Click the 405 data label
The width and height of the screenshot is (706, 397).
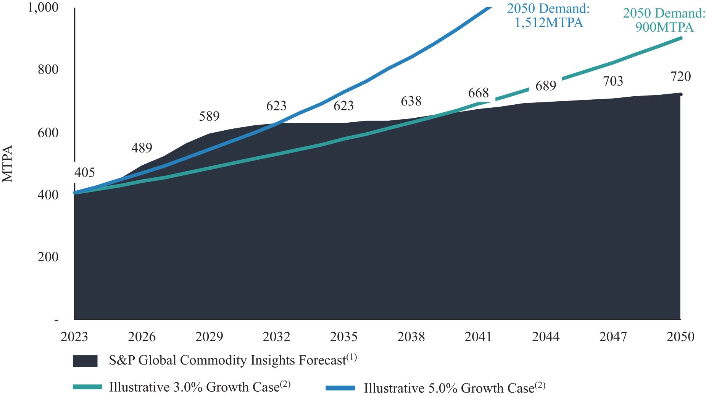point(84,173)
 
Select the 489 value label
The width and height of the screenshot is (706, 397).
point(142,148)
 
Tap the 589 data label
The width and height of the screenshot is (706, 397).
point(209,116)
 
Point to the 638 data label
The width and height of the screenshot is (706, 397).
point(411,101)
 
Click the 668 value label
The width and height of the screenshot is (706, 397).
point(478,93)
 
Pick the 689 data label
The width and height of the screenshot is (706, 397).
point(546,86)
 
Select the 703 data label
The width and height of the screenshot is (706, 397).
point(613,81)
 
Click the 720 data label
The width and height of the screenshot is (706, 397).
point(680,76)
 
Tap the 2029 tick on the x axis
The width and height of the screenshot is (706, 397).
point(209,337)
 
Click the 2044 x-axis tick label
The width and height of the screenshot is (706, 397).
point(546,337)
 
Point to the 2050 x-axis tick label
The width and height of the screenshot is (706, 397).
point(680,337)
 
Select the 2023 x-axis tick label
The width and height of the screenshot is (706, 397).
point(74,337)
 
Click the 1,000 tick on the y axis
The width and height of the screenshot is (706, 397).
point(43,7)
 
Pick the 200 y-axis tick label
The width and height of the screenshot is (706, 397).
point(48,257)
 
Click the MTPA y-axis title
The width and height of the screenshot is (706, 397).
point(8,164)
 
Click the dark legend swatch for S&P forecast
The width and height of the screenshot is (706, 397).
point(85,361)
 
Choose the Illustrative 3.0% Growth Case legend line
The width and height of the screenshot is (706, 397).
point(87,387)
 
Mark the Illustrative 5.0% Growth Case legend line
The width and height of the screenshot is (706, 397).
point(340,388)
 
